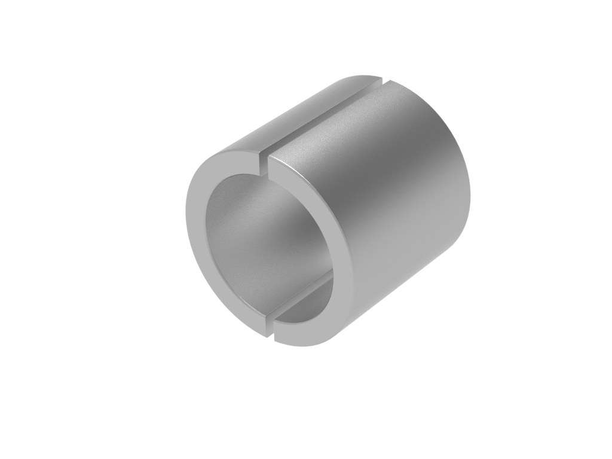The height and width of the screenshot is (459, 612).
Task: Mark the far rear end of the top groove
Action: click(381, 78)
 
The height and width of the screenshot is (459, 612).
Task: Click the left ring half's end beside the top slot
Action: click(254, 157)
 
